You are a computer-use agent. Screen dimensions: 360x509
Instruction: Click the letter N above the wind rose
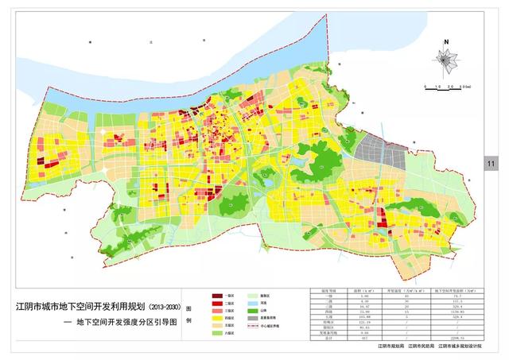click(448, 41)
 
